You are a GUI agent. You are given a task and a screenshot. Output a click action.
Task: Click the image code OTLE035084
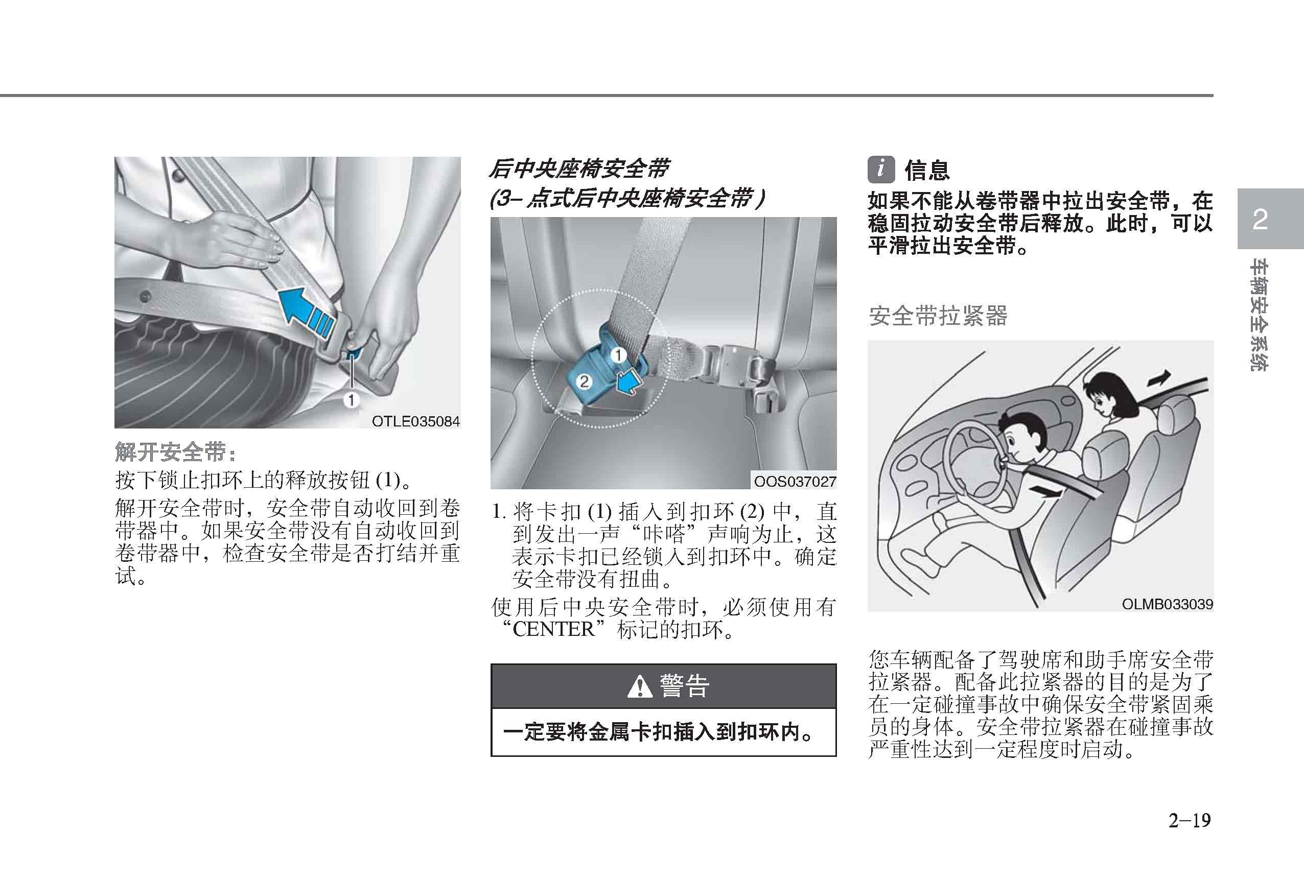tap(416, 421)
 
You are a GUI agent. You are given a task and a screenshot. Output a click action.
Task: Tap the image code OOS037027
tap(795, 481)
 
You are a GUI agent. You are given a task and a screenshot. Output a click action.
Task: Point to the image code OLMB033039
tap(1167, 604)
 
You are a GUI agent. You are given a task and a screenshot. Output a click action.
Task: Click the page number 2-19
tap(1190, 820)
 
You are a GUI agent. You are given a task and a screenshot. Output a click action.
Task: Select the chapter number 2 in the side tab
tap(1260, 219)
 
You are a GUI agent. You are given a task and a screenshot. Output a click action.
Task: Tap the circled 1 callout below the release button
tap(351, 400)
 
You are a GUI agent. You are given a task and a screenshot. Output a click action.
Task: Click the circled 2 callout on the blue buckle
tap(584, 382)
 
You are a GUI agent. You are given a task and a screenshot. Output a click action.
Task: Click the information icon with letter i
tap(881, 170)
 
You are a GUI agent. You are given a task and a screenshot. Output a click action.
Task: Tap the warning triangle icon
tap(640, 686)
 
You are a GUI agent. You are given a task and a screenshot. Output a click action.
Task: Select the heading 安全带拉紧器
tap(938, 316)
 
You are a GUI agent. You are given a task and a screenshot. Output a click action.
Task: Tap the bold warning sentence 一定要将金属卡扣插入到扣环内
tap(658, 732)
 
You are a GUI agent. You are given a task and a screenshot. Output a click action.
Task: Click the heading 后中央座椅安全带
tap(578, 169)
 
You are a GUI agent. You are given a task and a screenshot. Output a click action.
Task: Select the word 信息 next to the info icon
tap(927, 171)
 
